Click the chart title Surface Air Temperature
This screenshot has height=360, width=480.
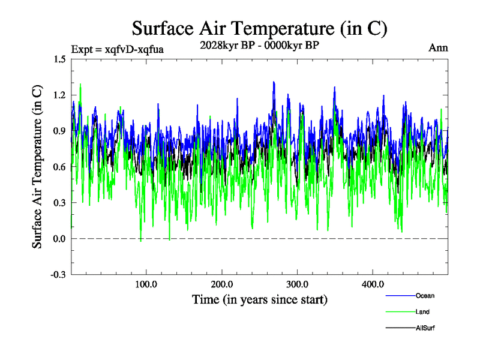tap(259, 28)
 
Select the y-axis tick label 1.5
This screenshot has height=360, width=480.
tap(59, 59)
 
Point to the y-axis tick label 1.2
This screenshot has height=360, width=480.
tap(59, 95)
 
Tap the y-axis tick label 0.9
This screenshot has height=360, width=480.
tap(59, 131)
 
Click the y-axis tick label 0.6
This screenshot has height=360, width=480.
tap(59, 167)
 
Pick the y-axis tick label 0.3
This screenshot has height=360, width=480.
tap(59, 203)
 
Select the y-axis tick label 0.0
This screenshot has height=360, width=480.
tap(59, 239)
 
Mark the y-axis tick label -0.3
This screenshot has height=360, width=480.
tap(58, 275)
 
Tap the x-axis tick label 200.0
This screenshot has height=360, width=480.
tap(222, 285)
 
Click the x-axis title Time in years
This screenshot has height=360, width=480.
tap(259, 299)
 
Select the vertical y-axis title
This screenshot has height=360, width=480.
tap(37, 167)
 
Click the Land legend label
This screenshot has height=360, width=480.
tap(422, 312)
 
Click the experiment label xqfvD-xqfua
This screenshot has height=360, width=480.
tap(117, 49)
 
